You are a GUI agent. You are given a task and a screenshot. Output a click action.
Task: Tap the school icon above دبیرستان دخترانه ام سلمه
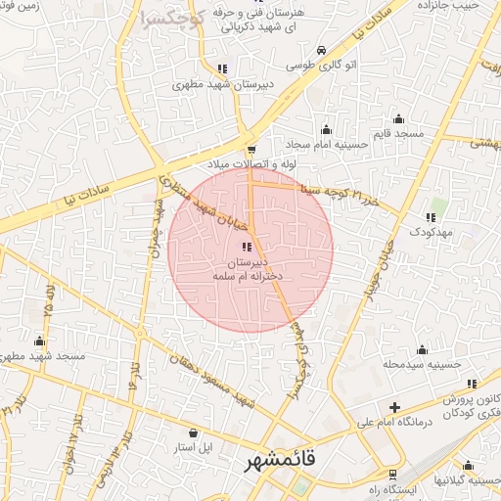pos(247,247)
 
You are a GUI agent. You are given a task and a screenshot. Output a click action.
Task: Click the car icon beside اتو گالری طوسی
pos(321,50)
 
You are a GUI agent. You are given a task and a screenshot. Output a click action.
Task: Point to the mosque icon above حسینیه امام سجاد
pos(327,129)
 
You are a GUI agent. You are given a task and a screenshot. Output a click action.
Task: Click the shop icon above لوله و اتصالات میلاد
pos(252,149)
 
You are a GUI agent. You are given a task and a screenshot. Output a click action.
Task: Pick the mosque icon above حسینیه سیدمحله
pos(423,349)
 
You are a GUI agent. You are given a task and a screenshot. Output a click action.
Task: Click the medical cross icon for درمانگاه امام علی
pos(394,407)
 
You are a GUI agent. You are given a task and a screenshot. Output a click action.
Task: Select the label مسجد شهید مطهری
pos(44,357)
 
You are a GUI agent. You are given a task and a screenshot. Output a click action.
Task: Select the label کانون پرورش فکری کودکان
pos(466,407)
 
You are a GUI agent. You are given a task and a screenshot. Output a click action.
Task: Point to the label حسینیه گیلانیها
pos(469,482)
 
